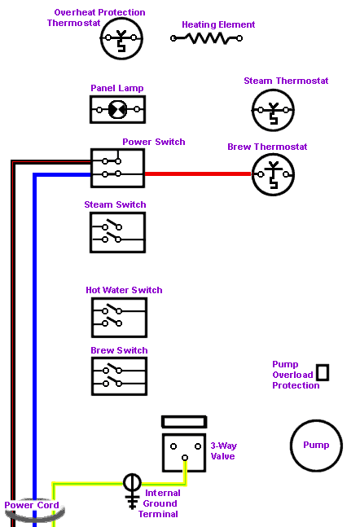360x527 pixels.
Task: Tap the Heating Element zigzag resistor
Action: pyautogui.click(x=206, y=38)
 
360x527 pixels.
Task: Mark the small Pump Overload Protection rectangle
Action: pyautogui.click(x=323, y=372)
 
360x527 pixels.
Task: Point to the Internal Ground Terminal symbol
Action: pyautogui.click(x=132, y=491)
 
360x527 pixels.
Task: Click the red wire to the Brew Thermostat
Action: pyautogui.click(x=198, y=173)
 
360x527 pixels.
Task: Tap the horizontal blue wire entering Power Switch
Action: pyautogui.click(x=62, y=175)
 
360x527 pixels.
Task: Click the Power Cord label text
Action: pyautogui.click(x=32, y=505)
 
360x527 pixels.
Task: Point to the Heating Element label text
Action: pyautogui.click(x=218, y=24)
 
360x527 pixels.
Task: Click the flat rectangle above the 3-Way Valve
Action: pyautogui.click(x=184, y=422)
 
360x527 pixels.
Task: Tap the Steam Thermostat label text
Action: pyautogui.click(x=286, y=81)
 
